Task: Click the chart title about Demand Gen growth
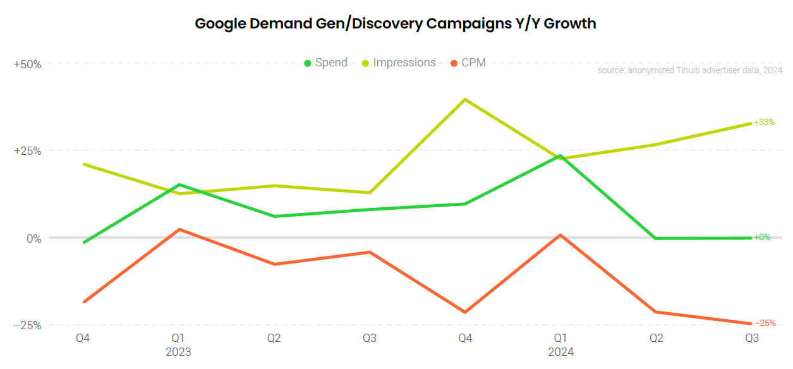[x=396, y=24]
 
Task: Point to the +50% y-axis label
[x=27, y=64]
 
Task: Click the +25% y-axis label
[x=27, y=151]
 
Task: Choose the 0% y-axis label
[x=33, y=238]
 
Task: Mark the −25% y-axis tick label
[x=27, y=325]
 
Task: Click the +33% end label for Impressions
[x=764, y=122]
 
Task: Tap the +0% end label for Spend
[x=762, y=238]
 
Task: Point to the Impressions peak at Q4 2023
[x=465, y=99]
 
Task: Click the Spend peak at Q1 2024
[x=560, y=155]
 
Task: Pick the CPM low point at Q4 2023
[x=465, y=312]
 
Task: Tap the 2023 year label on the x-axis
[x=178, y=352]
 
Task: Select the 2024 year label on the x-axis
[x=560, y=352]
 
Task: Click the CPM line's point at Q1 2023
[x=179, y=229]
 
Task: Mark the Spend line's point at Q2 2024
[x=656, y=238]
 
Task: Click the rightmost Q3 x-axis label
[x=752, y=338]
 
